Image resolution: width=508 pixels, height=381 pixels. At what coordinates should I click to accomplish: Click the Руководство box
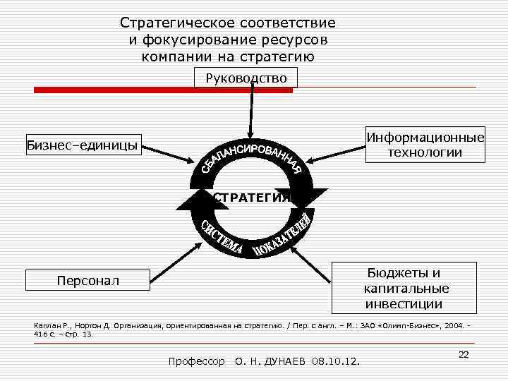point(246,78)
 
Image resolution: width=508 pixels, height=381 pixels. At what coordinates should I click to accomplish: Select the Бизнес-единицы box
point(83,145)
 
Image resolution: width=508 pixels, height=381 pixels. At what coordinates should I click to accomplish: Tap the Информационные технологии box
point(425,145)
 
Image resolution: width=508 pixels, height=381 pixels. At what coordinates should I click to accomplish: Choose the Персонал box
point(88,281)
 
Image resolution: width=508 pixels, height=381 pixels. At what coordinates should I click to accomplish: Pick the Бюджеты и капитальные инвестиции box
point(406,289)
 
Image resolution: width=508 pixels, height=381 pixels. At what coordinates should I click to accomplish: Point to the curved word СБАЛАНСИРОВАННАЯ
point(252,155)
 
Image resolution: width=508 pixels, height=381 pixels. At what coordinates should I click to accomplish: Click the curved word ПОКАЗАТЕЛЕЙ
point(282,237)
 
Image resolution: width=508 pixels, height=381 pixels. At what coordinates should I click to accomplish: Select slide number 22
point(464,354)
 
